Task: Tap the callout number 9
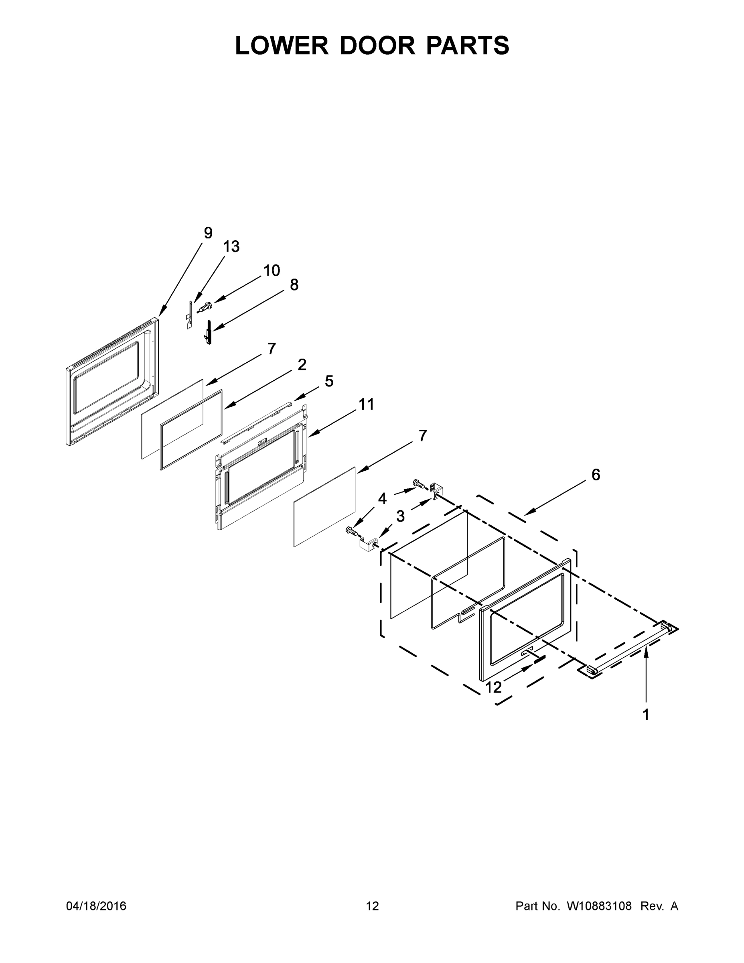coord(208,233)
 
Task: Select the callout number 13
coord(231,247)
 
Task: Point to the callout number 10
coord(272,271)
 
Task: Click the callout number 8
coord(294,285)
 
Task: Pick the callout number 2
coord(302,365)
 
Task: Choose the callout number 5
coord(329,381)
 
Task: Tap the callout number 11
coord(366,404)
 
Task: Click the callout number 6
coord(596,475)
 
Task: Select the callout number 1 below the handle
coord(646,715)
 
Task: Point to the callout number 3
coord(400,516)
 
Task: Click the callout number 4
coord(382,499)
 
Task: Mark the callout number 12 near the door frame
coord(494,687)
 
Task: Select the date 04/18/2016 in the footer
coord(96,906)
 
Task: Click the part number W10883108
coord(599,906)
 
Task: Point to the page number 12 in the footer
coord(373,906)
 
